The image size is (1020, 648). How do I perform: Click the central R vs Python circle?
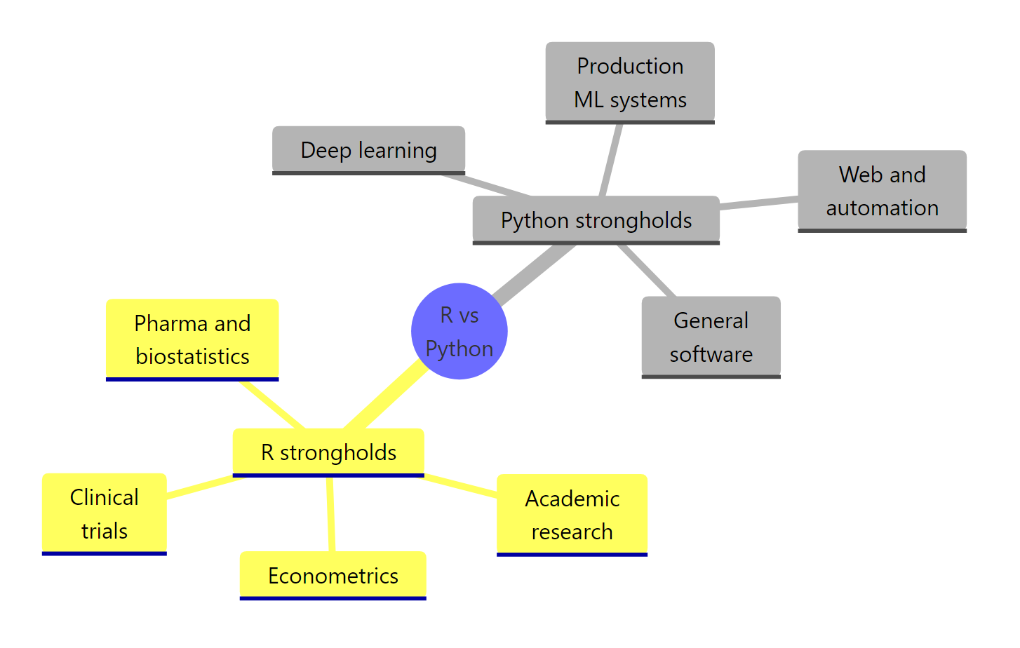click(x=459, y=331)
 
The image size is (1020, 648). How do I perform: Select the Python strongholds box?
click(x=596, y=220)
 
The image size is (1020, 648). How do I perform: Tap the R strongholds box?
click(x=328, y=452)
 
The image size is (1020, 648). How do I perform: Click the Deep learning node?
click(x=368, y=150)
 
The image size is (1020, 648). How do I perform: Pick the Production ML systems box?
click(x=630, y=83)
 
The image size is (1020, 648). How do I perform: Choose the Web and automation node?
click(x=882, y=191)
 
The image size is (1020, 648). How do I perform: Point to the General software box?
click(x=711, y=337)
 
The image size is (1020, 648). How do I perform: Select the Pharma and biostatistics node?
click(x=192, y=339)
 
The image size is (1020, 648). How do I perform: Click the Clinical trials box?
click(x=105, y=514)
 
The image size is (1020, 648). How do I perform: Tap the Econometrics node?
click(x=333, y=576)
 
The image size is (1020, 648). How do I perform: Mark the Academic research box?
click(x=572, y=515)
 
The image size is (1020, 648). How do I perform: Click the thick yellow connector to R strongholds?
click(x=386, y=397)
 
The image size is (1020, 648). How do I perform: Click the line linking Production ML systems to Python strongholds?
click(x=611, y=160)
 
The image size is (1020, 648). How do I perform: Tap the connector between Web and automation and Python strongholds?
click(x=758, y=203)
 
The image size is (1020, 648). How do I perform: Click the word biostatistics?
click(x=192, y=356)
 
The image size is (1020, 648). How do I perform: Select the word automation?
click(x=882, y=208)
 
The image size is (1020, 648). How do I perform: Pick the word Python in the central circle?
click(x=459, y=349)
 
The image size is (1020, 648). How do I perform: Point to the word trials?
click(x=105, y=531)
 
